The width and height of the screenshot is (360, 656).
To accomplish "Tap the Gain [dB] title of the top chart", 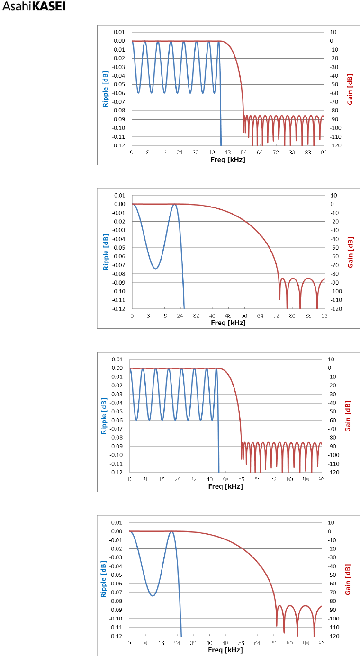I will click(x=350, y=89).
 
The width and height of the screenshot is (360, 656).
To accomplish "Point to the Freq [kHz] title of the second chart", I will click(x=228, y=323).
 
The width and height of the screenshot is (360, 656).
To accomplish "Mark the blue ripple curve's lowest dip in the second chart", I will click(x=155, y=269).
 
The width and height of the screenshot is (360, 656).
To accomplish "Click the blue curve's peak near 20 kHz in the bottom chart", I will click(x=171, y=531).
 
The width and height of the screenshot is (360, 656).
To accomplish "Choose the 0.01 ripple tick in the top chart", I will click(x=119, y=32).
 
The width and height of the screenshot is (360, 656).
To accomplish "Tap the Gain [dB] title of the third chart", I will click(x=348, y=416).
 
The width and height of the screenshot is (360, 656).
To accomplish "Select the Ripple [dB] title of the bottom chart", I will click(x=103, y=579).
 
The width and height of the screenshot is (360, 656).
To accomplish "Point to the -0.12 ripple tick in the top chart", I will click(x=118, y=145).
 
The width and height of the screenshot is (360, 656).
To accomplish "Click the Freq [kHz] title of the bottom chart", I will click(x=225, y=650).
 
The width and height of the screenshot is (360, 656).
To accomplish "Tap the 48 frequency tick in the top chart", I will click(x=228, y=153).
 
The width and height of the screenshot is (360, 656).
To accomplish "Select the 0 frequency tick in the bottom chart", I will click(x=129, y=643).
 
